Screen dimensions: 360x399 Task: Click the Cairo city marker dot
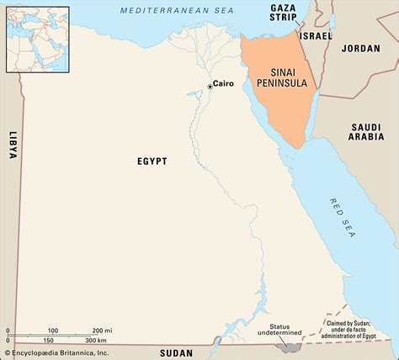coord(210,86)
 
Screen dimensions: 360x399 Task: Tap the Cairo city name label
coord(223,84)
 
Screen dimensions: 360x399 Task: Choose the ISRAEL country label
coord(316,36)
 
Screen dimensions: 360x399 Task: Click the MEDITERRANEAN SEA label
coord(165,9)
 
